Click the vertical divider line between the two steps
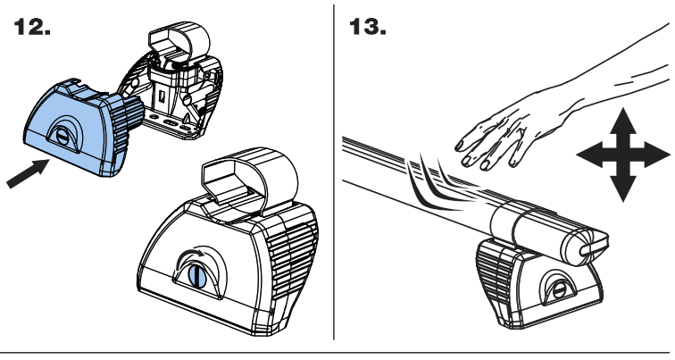coord(335,179)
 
